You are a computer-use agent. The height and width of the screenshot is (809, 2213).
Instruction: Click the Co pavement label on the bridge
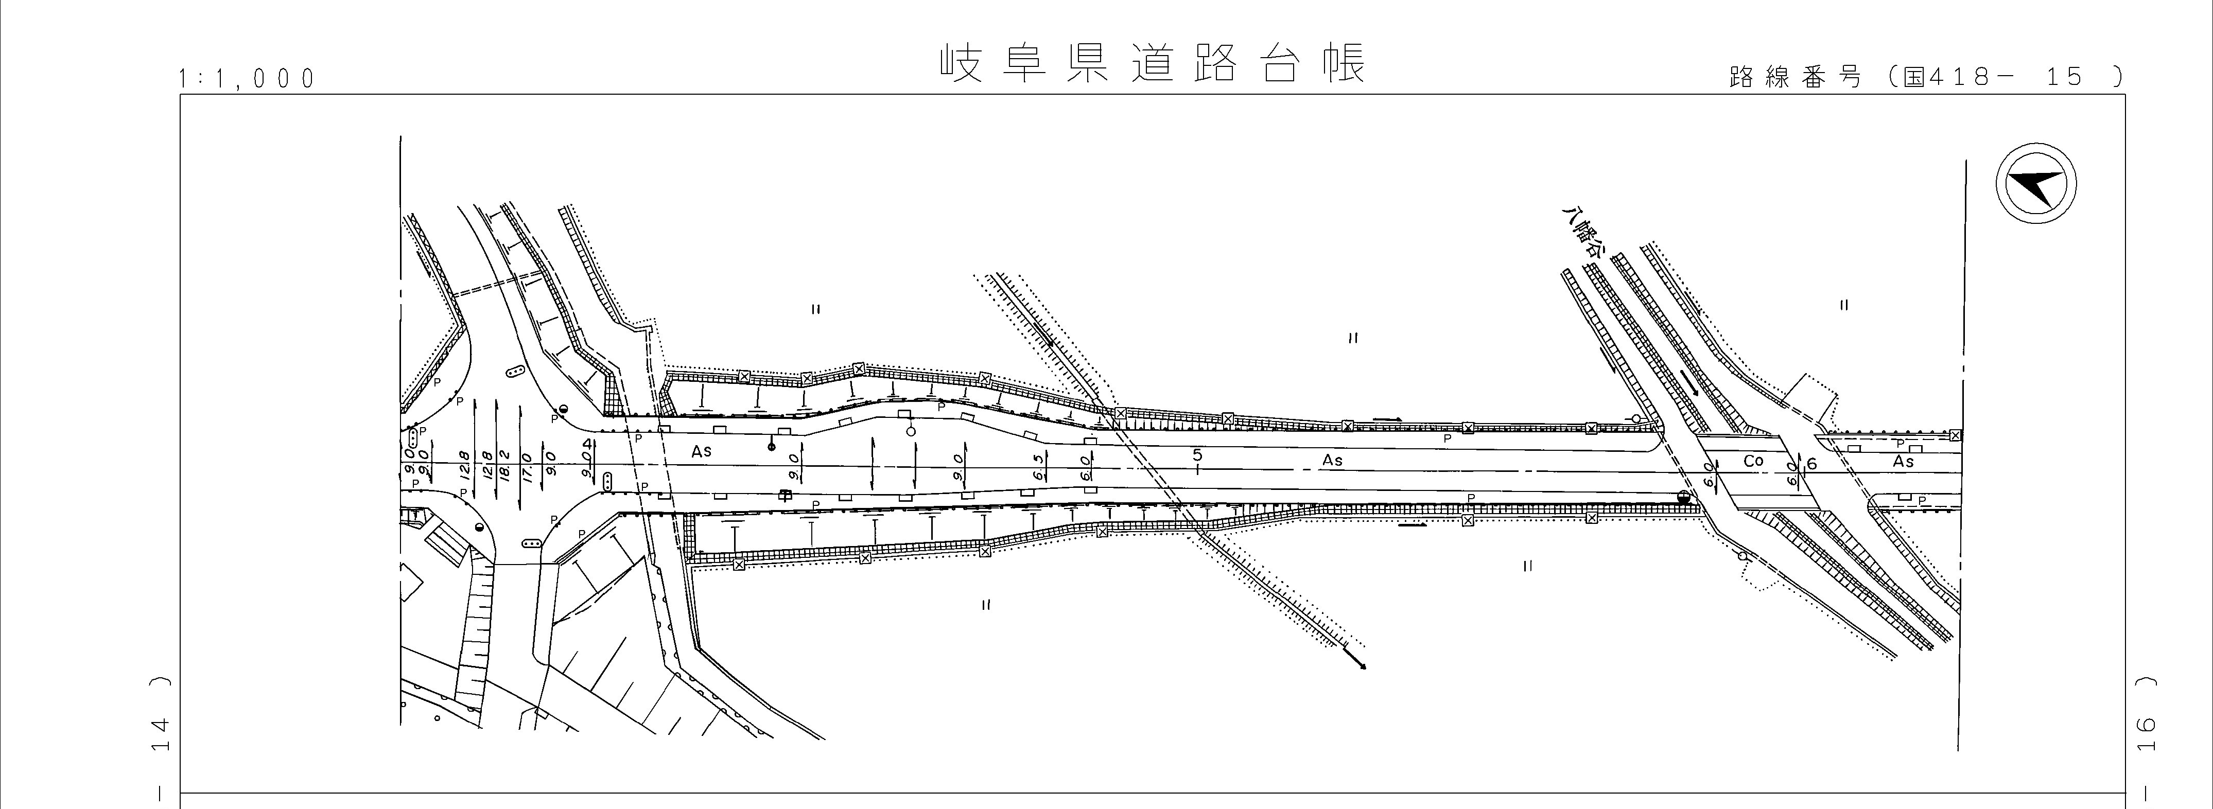pyautogui.click(x=1753, y=461)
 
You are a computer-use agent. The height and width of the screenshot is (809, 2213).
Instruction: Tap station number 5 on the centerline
pyautogui.click(x=1197, y=456)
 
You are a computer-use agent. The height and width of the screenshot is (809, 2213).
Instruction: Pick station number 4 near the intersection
pyautogui.click(x=588, y=445)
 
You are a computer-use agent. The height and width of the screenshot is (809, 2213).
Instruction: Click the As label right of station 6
pyautogui.click(x=1904, y=461)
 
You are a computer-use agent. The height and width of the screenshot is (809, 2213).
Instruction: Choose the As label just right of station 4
pyautogui.click(x=702, y=451)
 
